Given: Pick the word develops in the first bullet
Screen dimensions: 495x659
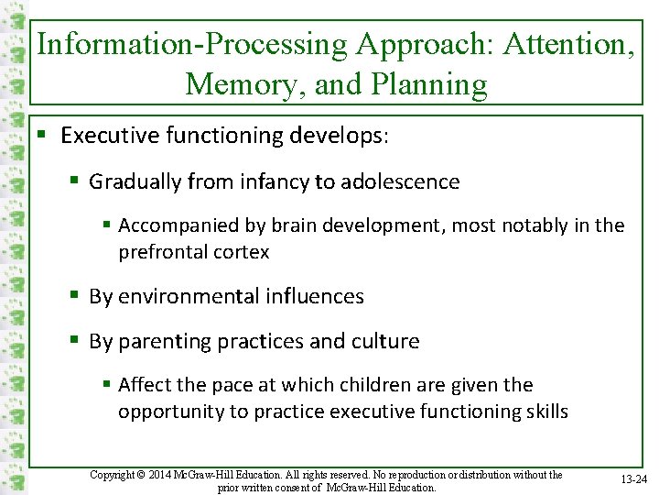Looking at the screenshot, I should [338, 136].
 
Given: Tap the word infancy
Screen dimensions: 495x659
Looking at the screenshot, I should [275, 181].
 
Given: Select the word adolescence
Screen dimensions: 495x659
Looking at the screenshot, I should [400, 181].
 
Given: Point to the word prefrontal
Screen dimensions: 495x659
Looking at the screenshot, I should [162, 251].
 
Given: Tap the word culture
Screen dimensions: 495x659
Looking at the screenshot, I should [384, 342].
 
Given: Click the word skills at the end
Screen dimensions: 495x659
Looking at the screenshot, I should [545, 412].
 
